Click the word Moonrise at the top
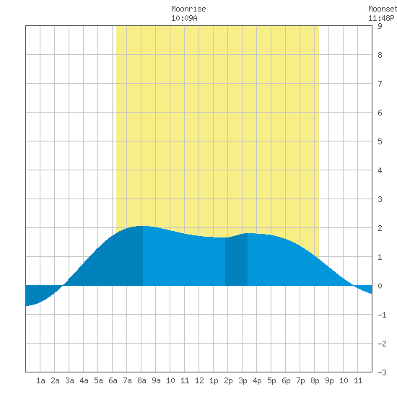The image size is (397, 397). click(188, 9)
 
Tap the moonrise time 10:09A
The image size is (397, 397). click(184, 19)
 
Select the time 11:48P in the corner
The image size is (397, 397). click(381, 19)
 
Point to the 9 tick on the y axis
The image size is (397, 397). click(380, 26)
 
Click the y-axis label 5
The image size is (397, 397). click(380, 141)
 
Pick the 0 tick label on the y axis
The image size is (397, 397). click(380, 286)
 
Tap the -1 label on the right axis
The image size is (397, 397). click(382, 315)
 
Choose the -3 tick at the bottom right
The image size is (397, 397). click(382, 372)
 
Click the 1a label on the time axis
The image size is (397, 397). click(40, 380)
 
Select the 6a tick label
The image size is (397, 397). click(113, 380)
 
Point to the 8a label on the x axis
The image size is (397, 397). click(141, 380)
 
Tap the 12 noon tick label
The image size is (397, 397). click(199, 380)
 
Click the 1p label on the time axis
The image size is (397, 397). click(214, 380)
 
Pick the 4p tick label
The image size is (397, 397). click(257, 380)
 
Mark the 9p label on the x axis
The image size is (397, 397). click(329, 380)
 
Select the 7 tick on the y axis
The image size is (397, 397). click(380, 84)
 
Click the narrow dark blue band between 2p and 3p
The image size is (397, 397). click(236, 261)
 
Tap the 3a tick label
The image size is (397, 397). click(69, 380)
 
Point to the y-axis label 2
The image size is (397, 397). click(380, 228)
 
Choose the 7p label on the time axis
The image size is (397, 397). click(300, 380)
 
